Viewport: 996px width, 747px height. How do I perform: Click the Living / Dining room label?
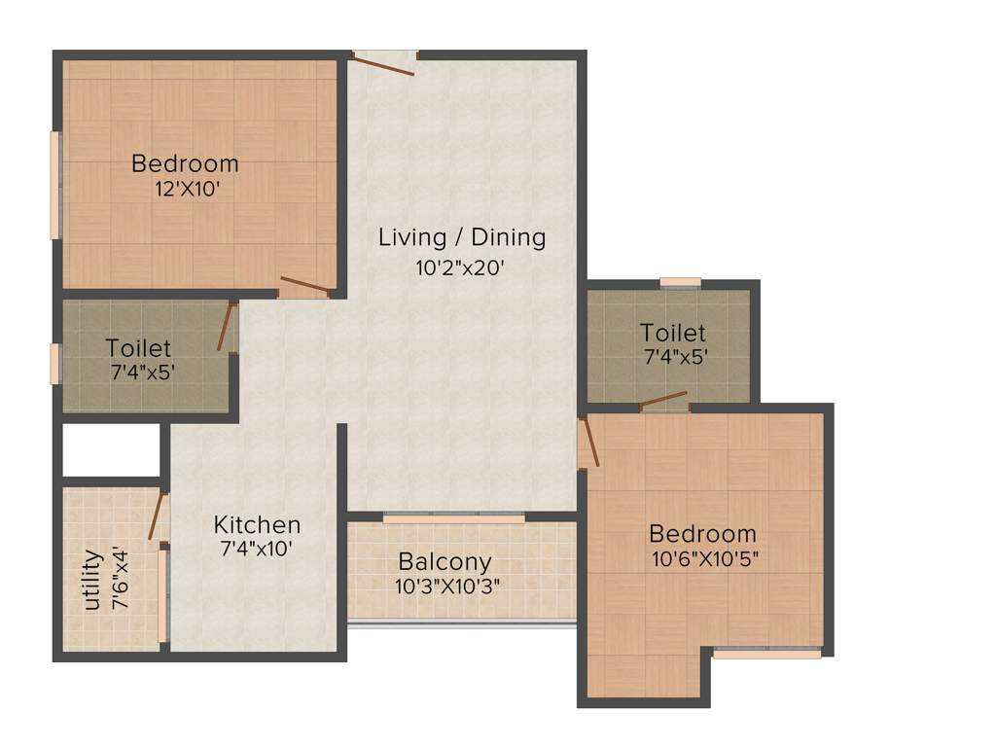pyautogui.click(x=462, y=237)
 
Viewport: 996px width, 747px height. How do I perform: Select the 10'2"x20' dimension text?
pyautogui.click(x=462, y=267)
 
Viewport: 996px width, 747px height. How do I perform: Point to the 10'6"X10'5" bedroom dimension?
pyautogui.click(x=705, y=559)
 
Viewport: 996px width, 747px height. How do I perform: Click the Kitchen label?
pyautogui.click(x=257, y=525)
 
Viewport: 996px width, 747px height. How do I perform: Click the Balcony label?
pyautogui.click(x=445, y=562)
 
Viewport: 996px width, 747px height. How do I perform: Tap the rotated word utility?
pyautogui.click(x=92, y=580)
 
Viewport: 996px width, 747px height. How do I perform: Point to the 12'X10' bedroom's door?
pyautogui.click(x=305, y=287)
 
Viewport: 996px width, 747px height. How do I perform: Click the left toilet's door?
pyautogui.click(x=227, y=328)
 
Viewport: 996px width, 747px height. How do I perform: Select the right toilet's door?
pyautogui.click(x=664, y=400)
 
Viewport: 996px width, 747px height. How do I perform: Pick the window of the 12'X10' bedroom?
pyautogui.click(x=55, y=185)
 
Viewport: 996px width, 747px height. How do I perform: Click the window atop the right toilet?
pyautogui.click(x=681, y=283)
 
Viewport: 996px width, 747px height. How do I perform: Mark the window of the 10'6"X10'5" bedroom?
pyautogui.click(x=766, y=654)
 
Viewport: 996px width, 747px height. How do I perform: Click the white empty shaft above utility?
pyautogui.click(x=111, y=450)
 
